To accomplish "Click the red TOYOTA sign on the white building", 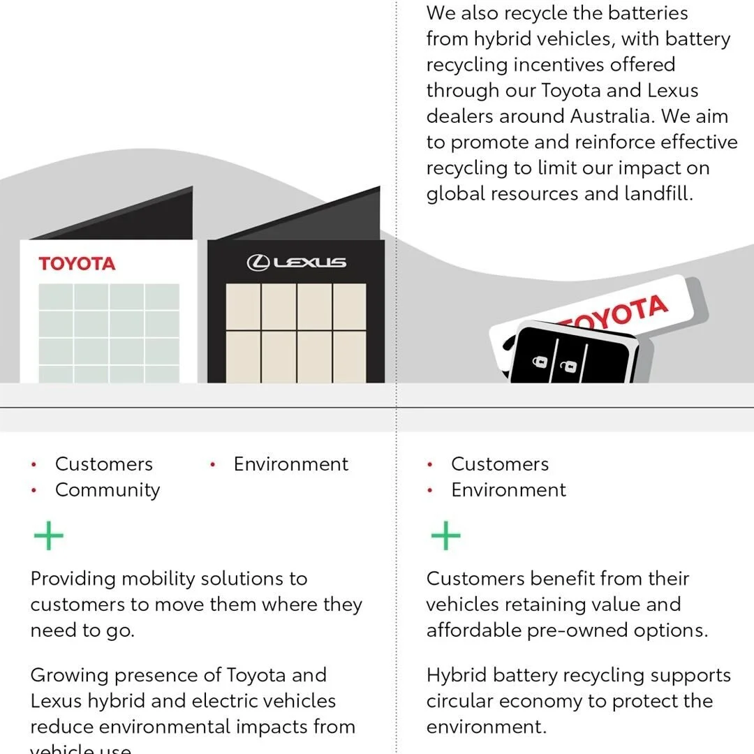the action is click(x=77, y=264).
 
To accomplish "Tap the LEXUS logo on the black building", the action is click(x=296, y=263).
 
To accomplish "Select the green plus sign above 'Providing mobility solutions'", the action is click(x=48, y=536).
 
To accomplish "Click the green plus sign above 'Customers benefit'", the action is click(x=445, y=536).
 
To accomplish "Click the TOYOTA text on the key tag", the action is click(x=614, y=312).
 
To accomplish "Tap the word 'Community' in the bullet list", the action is click(x=108, y=490).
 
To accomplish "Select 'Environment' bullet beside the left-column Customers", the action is click(x=290, y=464).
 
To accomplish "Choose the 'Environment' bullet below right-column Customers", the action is click(x=508, y=490).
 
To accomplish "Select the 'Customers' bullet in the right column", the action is click(x=500, y=464).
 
